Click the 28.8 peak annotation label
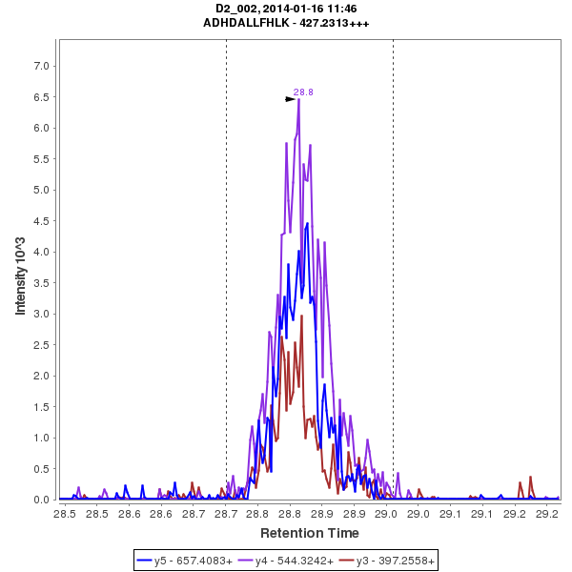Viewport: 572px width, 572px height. coord(303,92)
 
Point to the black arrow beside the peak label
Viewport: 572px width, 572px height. coord(291,98)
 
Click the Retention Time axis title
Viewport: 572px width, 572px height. coord(310,532)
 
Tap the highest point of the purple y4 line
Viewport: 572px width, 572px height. coord(298,100)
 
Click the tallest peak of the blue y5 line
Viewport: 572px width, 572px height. coord(307,223)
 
